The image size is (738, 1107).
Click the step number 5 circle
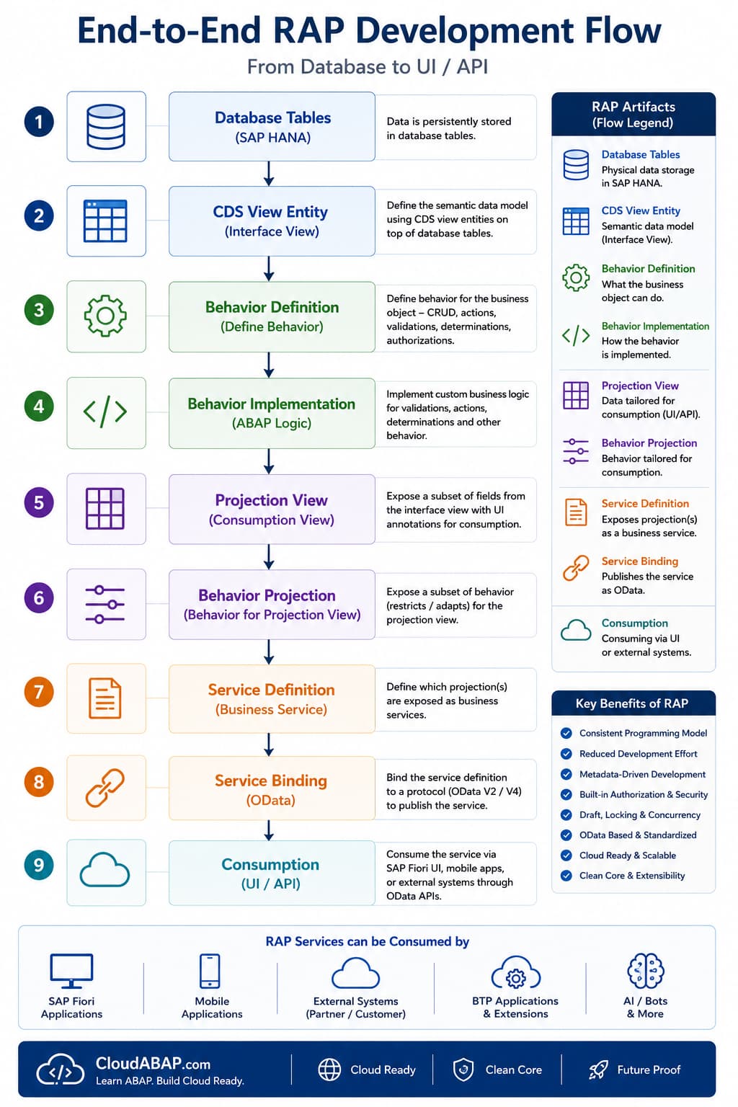coord(39,502)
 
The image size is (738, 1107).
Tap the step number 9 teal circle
coord(39,864)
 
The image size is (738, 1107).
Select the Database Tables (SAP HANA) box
coord(272,127)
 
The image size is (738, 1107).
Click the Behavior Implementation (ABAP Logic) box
coord(272,413)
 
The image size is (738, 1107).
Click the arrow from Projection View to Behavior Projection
coord(269,557)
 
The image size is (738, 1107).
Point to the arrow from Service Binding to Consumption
coord(269,830)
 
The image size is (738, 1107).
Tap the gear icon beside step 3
coord(105,316)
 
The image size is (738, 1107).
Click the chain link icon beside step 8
coord(105,788)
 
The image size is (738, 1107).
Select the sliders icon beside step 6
coord(105,605)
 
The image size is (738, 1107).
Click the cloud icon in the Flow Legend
coord(576,630)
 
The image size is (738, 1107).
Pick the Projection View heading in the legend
coord(640,386)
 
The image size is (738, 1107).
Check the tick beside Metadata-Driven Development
coord(566,774)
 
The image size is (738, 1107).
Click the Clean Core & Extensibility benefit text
coord(632,876)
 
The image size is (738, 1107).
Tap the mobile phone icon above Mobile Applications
coord(210,971)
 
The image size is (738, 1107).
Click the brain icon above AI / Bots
coord(646,971)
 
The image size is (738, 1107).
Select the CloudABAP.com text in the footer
coord(154,1063)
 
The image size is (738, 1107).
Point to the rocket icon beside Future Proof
coord(598,1070)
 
